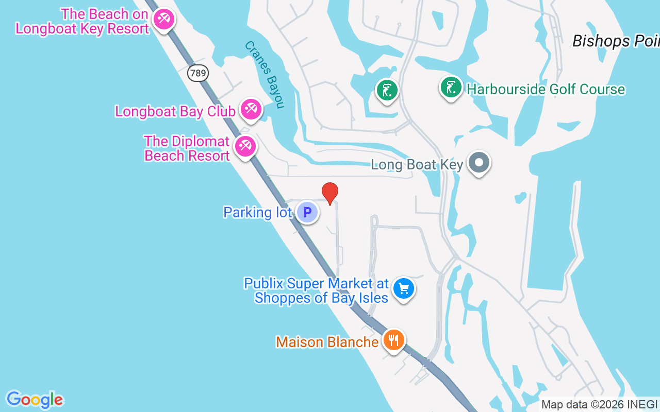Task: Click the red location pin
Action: pos(330,193)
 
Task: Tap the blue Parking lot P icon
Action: pos(307,212)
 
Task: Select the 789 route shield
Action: pos(198,73)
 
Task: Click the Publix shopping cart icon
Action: pos(404,289)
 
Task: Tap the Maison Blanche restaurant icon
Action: pos(394,340)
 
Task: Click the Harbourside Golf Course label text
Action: pos(546,90)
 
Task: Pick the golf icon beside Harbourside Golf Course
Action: pos(451,88)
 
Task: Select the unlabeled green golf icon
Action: pos(387,90)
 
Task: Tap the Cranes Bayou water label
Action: pos(265,75)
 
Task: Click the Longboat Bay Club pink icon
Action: pos(251,109)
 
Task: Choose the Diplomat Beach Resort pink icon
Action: pos(245,147)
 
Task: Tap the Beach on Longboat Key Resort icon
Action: pos(164,20)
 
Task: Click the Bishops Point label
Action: pos(616,41)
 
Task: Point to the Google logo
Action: pos(35,399)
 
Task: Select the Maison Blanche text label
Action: pos(327,342)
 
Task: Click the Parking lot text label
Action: pos(257,212)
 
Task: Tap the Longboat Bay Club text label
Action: pos(175,111)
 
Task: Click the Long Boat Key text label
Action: pos(417,165)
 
